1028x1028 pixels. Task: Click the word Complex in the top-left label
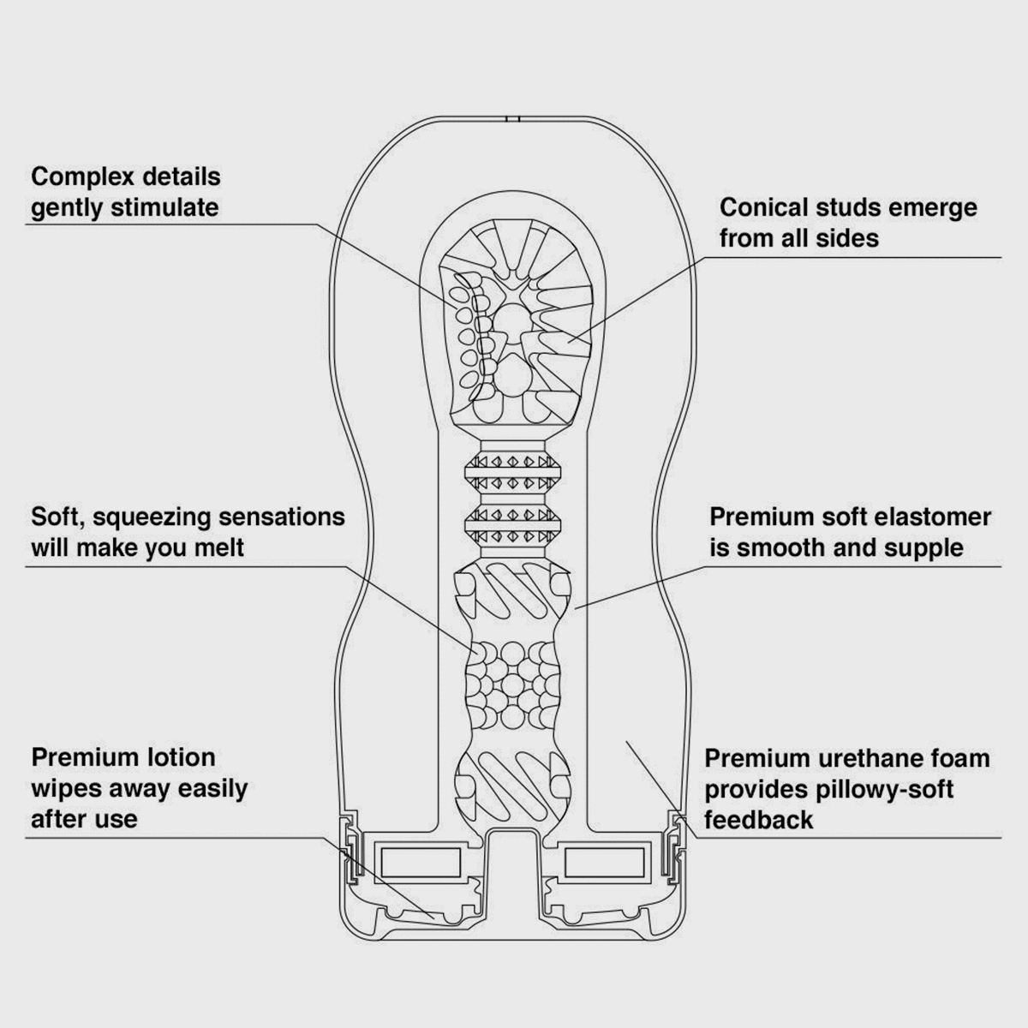[x=83, y=177]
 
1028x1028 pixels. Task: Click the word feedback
[x=758, y=820]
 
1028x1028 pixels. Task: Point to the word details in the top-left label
[x=182, y=177]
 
